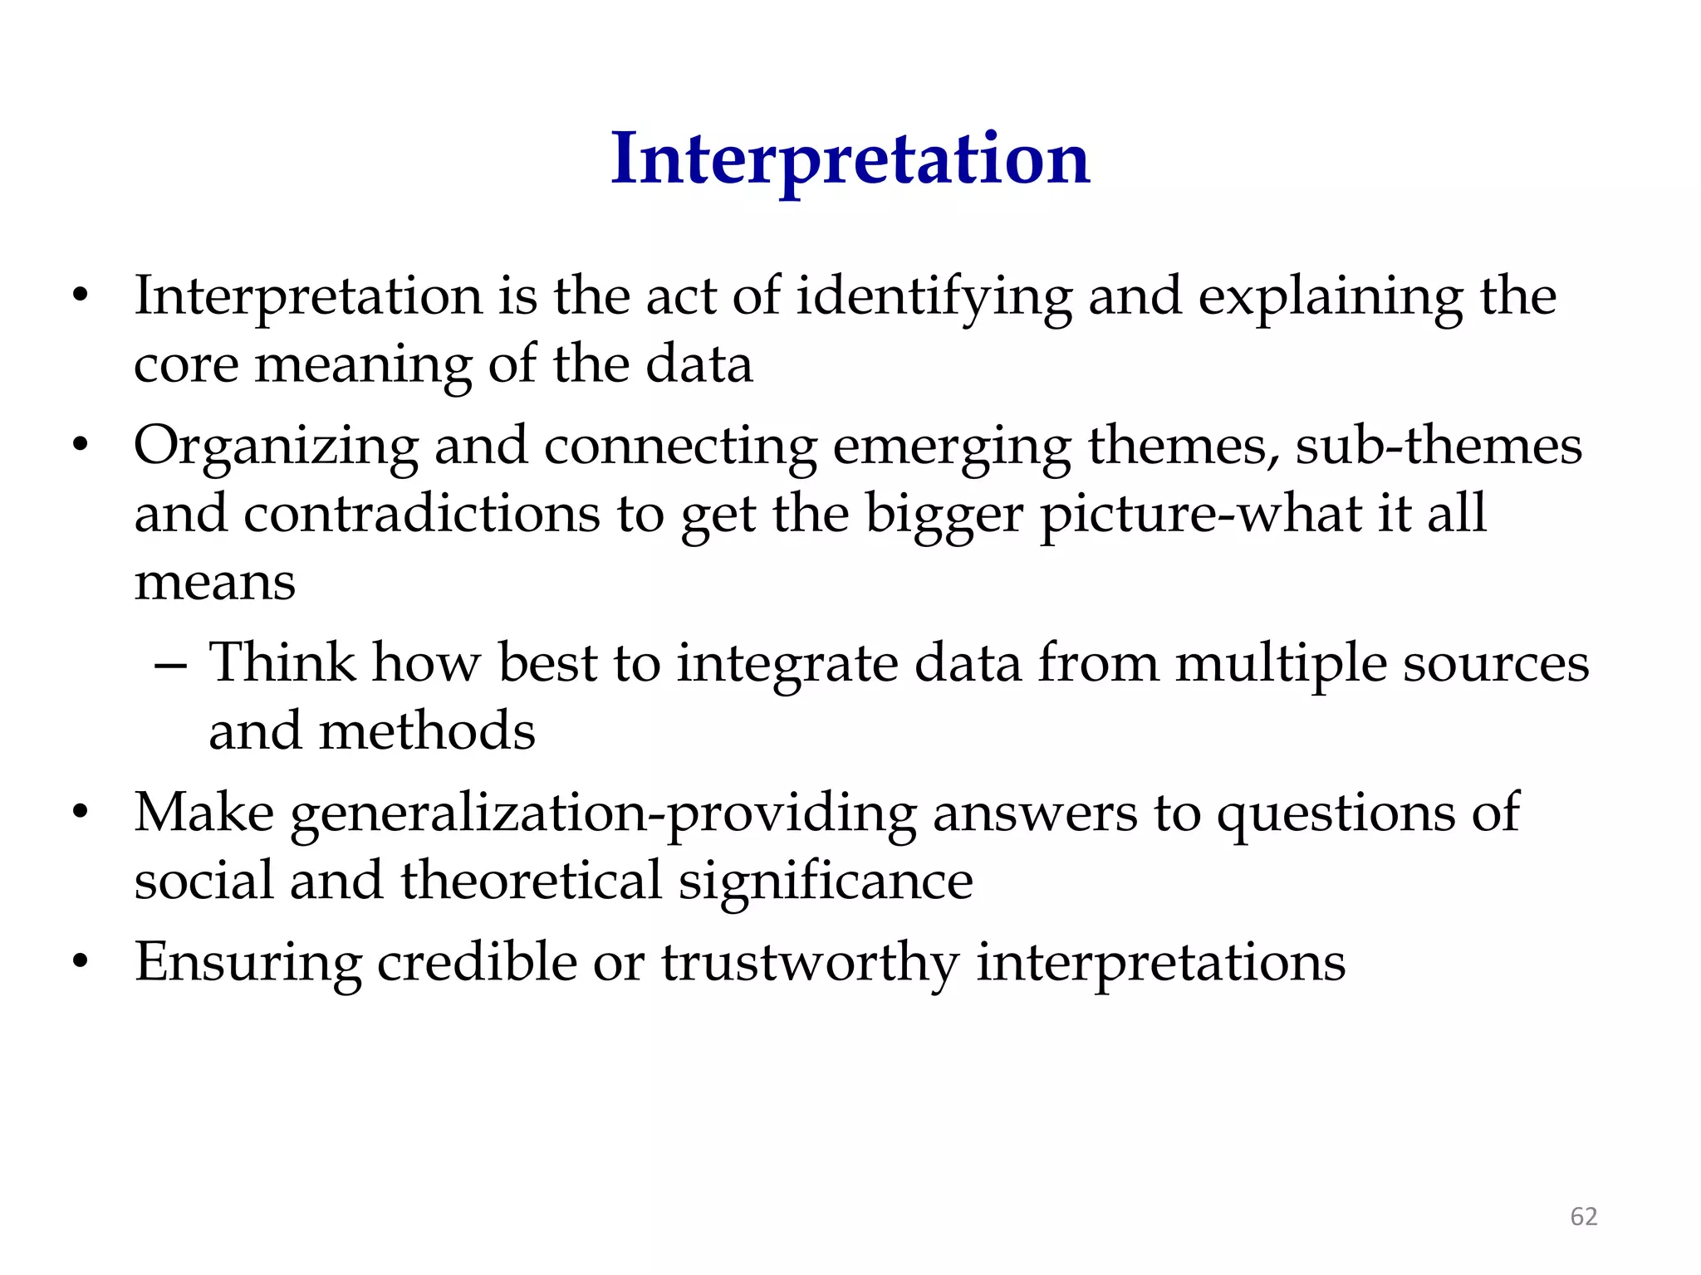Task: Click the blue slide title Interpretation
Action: pyautogui.click(x=850, y=159)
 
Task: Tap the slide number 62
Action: pyautogui.click(x=1583, y=1216)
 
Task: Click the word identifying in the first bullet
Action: pyautogui.click(x=934, y=297)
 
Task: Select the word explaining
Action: pyautogui.click(x=1331, y=297)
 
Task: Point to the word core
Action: pyautogui.click(x=185, y=366)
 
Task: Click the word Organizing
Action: pyautogui.click(x=276, y=447)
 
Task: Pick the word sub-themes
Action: pyautogui.click(x=1438, y=446)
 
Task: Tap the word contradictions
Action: pyautogui.click(x=421, y=514)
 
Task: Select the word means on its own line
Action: pyautogui.click(x=215, y=582)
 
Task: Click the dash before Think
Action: pyautogui.click(x=171, y=666)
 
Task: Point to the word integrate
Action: pyautogui.click(x=787, y=666)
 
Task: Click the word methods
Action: pyautogui.click(x=427, y=732)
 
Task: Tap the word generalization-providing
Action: pyautogui.click(x=603, y=814)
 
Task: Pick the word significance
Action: pyautogui.click(x=826, y=882)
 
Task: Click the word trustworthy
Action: pyautogui.click(x=810, y=965)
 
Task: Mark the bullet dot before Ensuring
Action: pyautogui.click(x=80, y=962)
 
